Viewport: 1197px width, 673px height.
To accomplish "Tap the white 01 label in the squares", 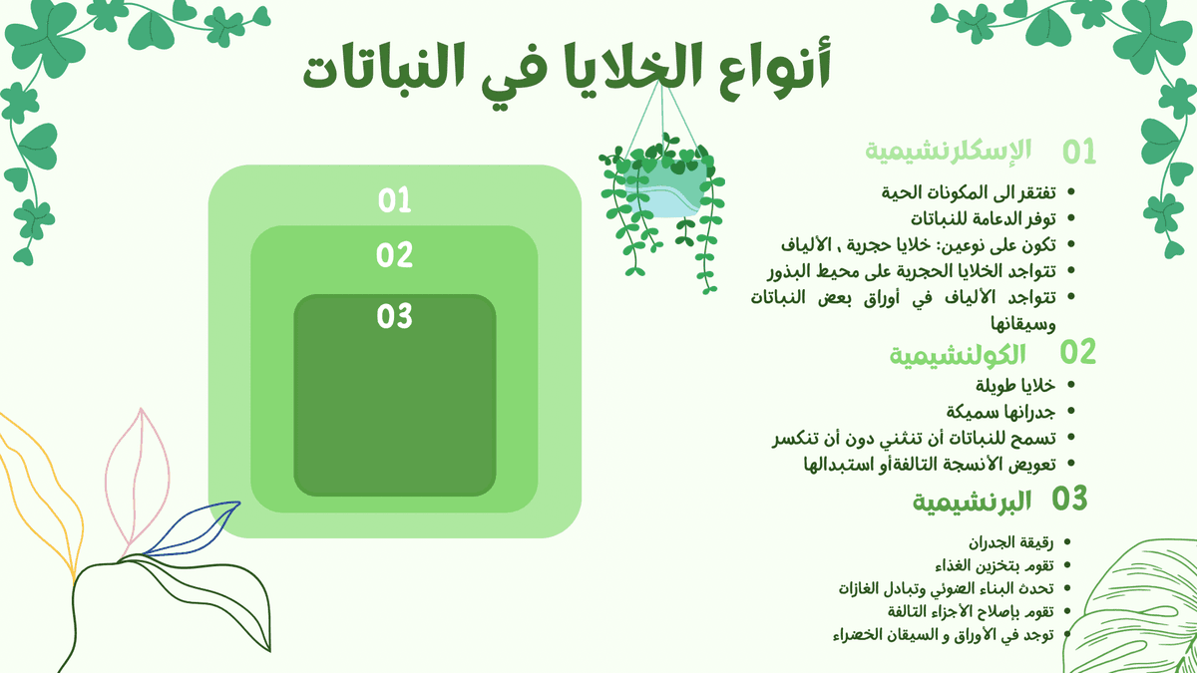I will coord(395,201).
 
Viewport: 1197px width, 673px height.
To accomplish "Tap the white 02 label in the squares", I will coord(395,256).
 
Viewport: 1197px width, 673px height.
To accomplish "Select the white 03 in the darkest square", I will coord(395,317).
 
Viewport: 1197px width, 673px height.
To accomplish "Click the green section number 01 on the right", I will coord(1078,152).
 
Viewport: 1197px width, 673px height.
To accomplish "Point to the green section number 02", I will coord(1078,352).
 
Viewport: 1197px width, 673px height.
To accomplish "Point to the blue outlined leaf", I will coord(195,527).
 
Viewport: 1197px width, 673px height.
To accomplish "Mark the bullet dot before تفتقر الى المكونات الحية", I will coord(1071,191).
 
